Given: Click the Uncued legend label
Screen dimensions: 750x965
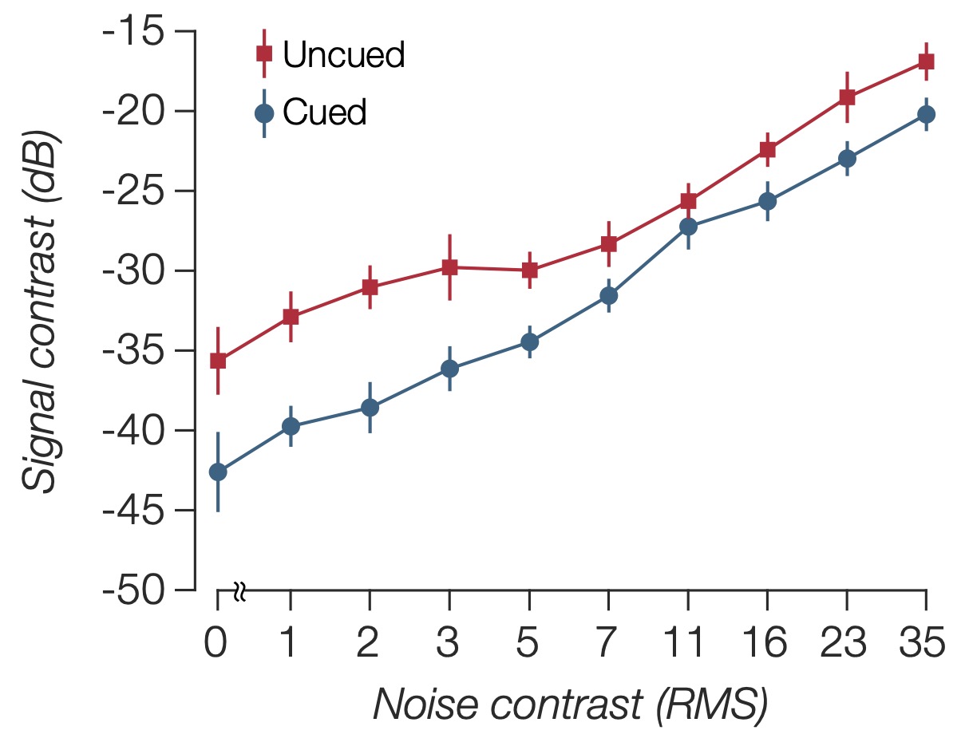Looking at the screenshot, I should pos(344,55).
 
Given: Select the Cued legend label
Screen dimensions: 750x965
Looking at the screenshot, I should pos(325,113).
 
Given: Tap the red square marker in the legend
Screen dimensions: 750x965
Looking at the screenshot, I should pos(264,53).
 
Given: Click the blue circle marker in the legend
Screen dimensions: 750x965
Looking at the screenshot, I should pos(264,113).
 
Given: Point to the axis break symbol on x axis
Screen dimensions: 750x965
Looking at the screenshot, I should pos(240,591).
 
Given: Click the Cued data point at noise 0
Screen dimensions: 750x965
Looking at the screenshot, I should pos(217,472).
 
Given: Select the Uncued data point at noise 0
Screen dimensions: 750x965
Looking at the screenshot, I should pos(217,361).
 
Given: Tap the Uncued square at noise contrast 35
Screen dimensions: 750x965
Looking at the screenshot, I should pos(926,61).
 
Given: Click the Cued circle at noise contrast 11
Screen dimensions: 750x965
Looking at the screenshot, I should pos(687,227).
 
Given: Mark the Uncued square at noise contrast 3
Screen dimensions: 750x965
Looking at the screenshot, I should pos(449,267).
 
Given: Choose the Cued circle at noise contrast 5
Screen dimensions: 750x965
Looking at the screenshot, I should pos(529,341).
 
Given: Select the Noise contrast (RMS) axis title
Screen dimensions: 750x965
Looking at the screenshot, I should pos(571,705).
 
